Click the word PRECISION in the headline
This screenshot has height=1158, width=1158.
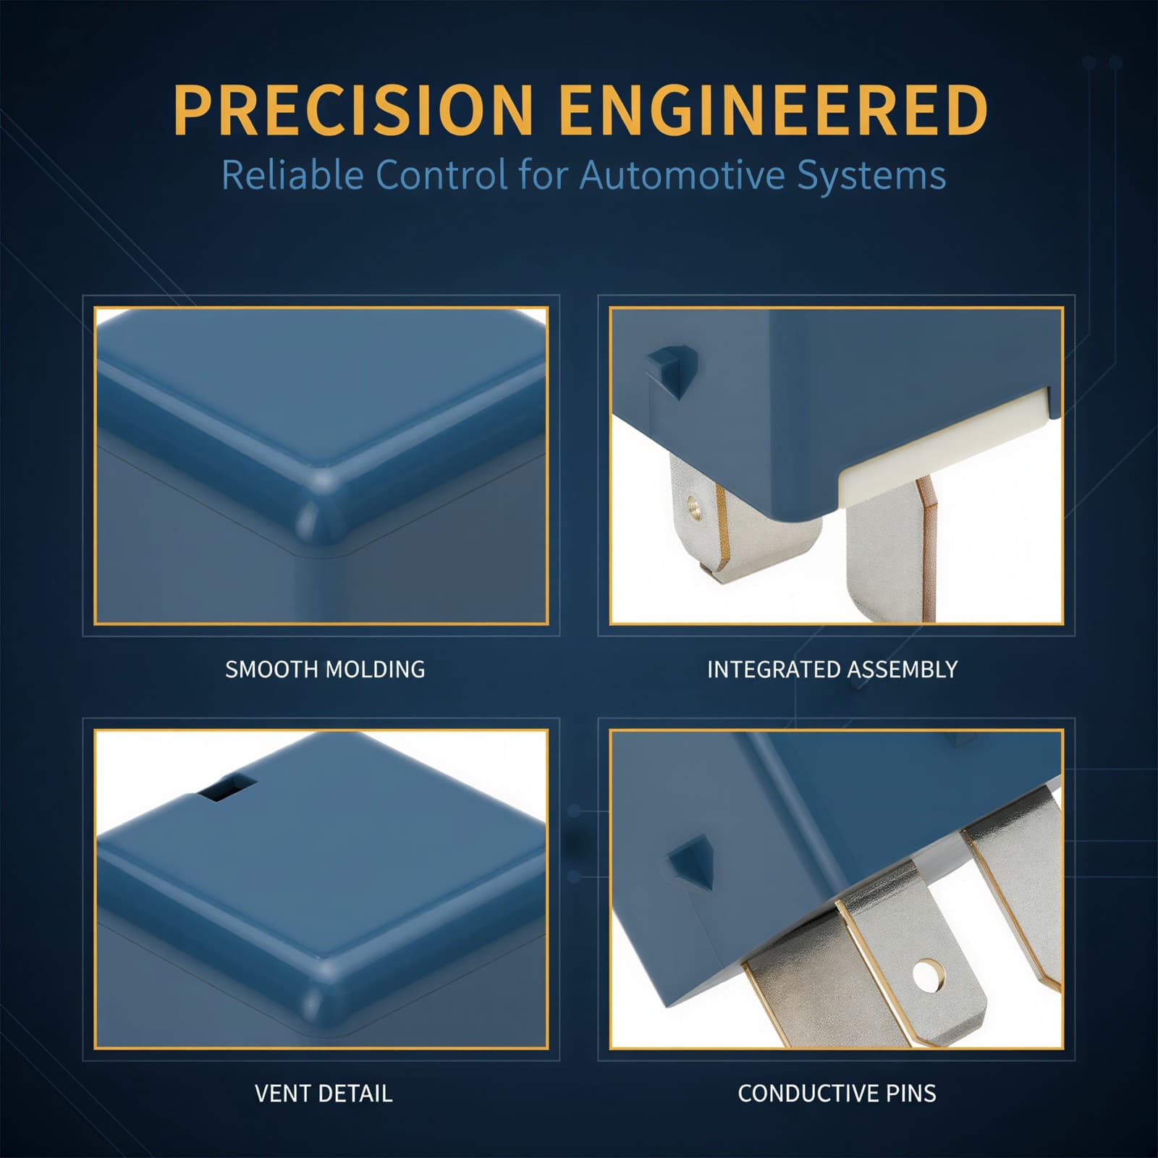[353, 110]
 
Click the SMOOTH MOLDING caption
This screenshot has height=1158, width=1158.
[325, 669]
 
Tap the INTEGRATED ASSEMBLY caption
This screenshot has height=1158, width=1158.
[832, 669]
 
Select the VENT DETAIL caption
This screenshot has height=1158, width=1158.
[324, 1093]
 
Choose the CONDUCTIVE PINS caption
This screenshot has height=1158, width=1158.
[837, 1093]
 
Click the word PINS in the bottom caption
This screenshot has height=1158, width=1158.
[908, 1093]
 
